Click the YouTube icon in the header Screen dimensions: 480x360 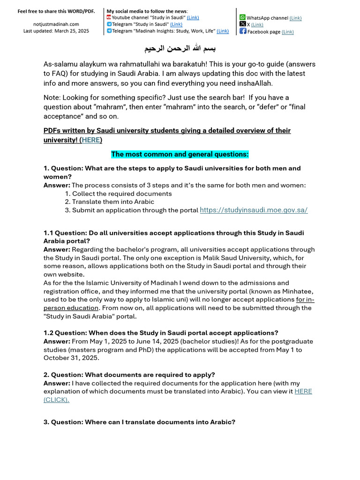point(109,17)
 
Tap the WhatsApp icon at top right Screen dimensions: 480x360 point(242,17)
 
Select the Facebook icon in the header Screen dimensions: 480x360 point(243,31)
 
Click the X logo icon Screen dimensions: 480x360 point(242,24)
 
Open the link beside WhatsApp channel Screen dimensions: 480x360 point(295,18)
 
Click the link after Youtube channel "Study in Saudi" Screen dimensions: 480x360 point(193,17)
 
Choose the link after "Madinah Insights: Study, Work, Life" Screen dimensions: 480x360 point(223,31)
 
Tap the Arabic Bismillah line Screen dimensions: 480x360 point(180,49)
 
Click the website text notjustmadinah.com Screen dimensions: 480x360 point(56,24)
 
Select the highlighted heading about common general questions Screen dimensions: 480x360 point(180,154)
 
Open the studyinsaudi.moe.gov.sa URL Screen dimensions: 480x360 point(254,210)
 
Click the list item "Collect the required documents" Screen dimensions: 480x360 point(121,194)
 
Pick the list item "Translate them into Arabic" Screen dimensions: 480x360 point(113,202)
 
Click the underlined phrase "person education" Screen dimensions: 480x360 point(71,308)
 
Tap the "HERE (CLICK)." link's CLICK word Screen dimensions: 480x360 point(57,400)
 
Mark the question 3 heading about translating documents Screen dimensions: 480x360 point(139,422)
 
